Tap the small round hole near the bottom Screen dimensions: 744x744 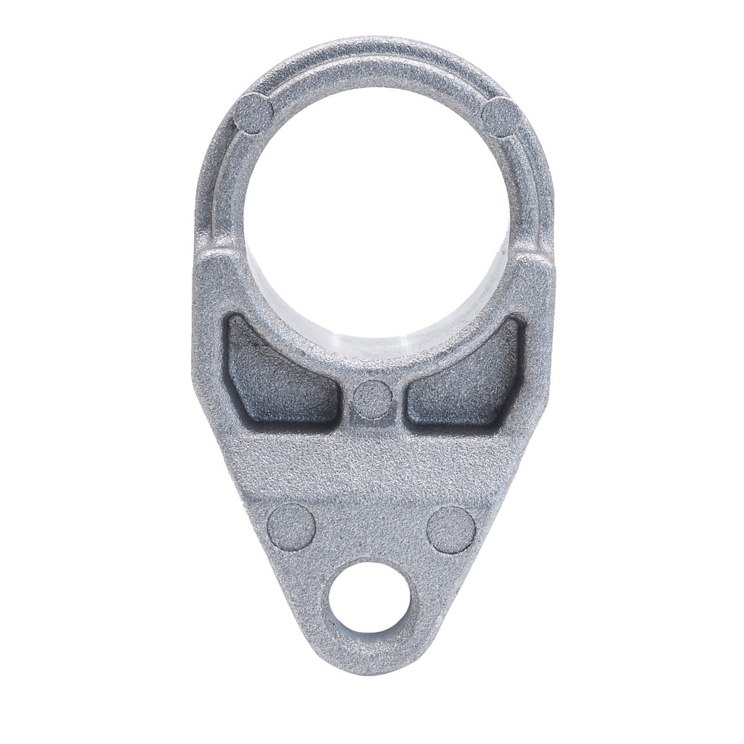369,600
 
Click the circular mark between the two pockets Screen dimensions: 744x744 373,399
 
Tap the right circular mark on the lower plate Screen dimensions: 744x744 450,530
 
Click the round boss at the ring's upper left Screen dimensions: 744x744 254,114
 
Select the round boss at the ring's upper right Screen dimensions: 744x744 501,116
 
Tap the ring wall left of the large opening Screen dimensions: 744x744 222,196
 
